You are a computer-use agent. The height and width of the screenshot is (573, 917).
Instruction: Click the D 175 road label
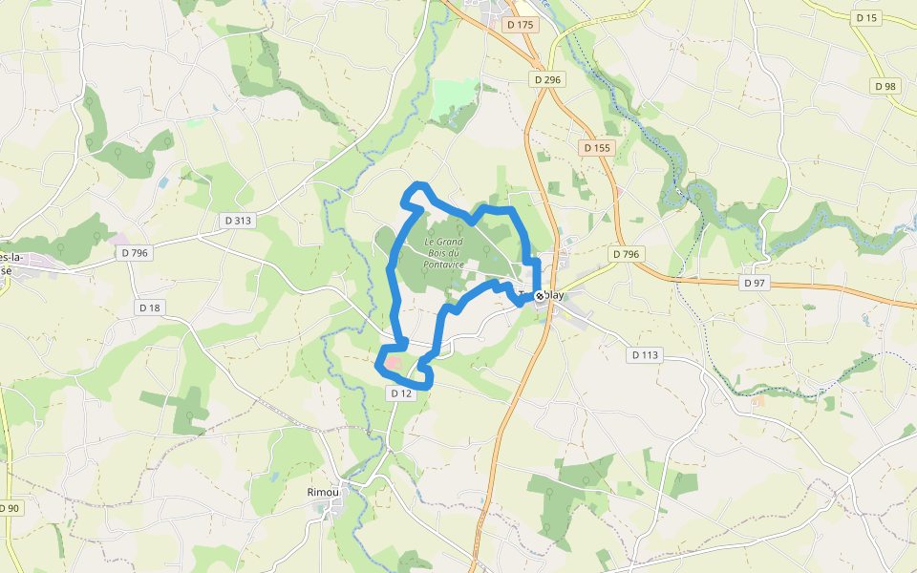(521, 25)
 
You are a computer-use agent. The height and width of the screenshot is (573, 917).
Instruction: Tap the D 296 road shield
(547, 80)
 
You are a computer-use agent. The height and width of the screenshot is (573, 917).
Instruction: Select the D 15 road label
(866, 18)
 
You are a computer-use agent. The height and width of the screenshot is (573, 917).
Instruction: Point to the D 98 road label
(885, 86)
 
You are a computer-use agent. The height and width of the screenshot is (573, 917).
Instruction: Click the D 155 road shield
(596, 148)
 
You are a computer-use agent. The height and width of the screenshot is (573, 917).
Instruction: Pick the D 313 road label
(238, 221)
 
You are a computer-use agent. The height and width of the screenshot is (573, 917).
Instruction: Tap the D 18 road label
(150, 308)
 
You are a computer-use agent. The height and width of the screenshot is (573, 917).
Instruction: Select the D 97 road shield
(755, 284)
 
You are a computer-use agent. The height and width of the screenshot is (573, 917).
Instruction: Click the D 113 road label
(645, 355)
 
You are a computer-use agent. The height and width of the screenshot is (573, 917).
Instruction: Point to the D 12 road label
(401, 393)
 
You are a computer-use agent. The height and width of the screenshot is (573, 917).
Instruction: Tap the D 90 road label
(9, 508)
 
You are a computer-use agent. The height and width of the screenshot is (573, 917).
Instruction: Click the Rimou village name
(323, 493)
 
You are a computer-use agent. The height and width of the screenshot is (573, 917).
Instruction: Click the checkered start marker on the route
(540, 296)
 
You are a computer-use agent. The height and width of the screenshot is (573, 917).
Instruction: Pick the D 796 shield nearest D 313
(135, 253)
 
